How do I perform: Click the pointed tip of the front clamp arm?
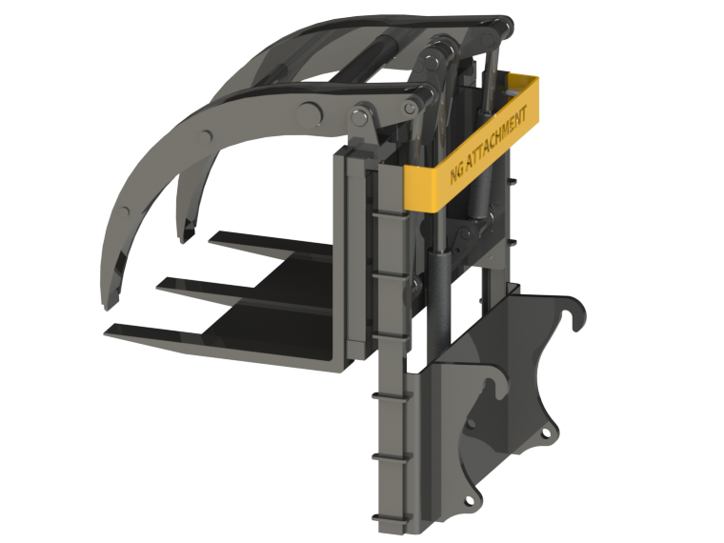(x=108, y=303)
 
